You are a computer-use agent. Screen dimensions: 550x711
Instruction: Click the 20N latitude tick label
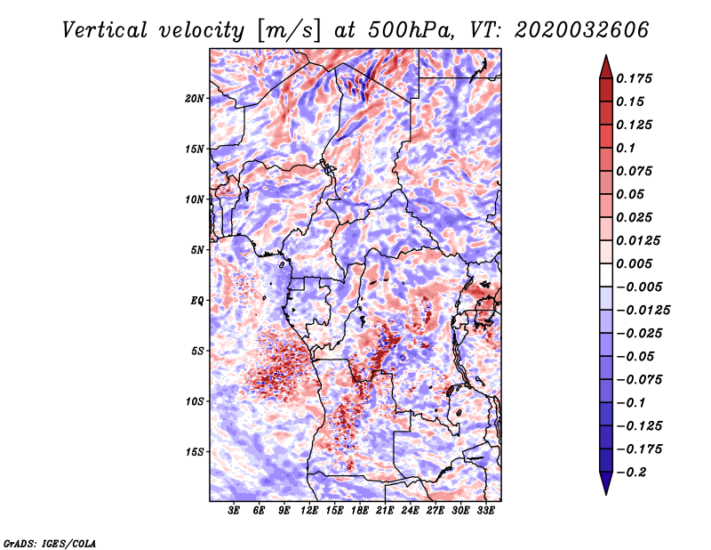(195, 98)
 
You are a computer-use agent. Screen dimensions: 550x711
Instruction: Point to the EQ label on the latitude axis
(196, 301)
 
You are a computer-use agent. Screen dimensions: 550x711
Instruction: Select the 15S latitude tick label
(195, 452)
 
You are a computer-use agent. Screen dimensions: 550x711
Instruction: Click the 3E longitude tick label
(234, 512)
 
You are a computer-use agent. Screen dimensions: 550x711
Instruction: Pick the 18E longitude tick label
(361, 512)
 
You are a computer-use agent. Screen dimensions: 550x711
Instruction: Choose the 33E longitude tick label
(486, 512)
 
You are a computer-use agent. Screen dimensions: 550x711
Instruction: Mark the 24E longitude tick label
(411, 512)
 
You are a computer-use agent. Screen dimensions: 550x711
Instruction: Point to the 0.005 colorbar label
(635, 263)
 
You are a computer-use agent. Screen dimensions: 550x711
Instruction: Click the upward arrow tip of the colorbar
(604, 58)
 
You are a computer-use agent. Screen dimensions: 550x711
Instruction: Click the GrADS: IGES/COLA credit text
(49, 542)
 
